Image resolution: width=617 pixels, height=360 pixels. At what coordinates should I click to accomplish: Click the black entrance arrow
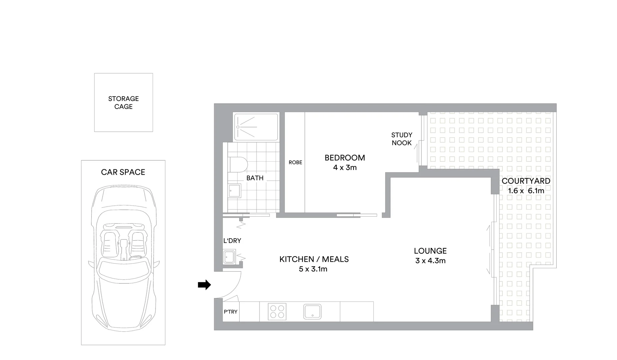pos(204,285)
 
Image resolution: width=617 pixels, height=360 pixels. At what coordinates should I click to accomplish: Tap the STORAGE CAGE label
pos(123,103)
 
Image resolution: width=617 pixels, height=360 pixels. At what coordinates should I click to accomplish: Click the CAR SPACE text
pos(123,172)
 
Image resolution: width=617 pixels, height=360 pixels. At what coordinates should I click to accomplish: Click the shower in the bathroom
pos(256,127)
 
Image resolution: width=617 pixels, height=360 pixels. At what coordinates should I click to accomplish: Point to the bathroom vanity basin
pos(234,191)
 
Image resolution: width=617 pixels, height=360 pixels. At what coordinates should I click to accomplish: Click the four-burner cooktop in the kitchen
pos(277,312)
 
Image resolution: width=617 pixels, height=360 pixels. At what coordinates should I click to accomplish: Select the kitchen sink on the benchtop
pos(312,312)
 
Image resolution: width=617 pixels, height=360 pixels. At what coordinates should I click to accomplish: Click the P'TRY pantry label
pos(231,312)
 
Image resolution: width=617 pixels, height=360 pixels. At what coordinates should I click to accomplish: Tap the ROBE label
pos(295,162)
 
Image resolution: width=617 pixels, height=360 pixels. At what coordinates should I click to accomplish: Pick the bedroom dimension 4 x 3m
pos(345,167)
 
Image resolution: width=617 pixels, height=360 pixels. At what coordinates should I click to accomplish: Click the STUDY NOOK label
pos(401,139)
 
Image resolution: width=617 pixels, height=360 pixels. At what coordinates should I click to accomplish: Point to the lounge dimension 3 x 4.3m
pos(430,261)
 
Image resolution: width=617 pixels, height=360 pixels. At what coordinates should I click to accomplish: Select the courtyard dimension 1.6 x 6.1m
pos(526,191)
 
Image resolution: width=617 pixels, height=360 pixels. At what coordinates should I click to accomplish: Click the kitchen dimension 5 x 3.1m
pos(313,269)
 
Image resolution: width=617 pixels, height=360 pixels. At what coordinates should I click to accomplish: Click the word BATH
pos(255,178)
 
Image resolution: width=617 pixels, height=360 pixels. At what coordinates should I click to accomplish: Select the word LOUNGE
pos(430,251)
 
